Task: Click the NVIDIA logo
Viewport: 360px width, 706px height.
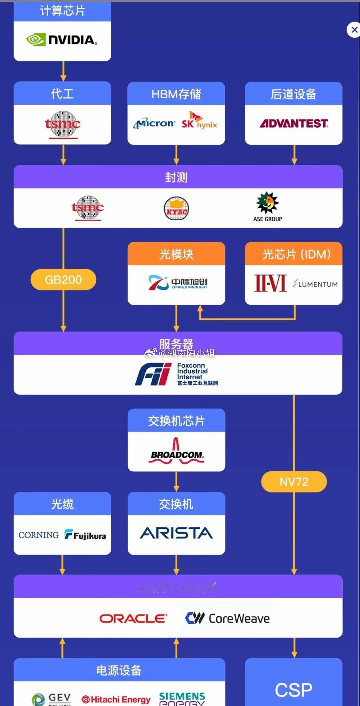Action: click(x=62, y=40)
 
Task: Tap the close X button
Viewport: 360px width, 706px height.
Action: click(x=354, y=30)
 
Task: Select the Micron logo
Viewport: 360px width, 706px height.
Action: click(x=154, y=124)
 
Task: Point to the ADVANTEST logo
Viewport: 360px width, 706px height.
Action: click(x=294, y=124)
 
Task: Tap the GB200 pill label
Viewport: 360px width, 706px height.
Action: click(x=63, y=279)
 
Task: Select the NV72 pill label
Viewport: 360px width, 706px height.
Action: click(x=294, y=482)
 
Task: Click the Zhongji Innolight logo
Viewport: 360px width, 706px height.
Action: click(x=177, y=283)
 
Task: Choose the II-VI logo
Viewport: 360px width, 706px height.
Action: click(x=270, y=283)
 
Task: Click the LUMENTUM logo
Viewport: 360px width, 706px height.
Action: click(x=315, y=284)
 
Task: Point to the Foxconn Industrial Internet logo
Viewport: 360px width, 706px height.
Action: click(x=176, y=374)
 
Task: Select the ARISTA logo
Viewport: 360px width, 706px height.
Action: click(x=176, y=533)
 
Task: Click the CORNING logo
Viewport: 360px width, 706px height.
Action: click(x=39, y=535)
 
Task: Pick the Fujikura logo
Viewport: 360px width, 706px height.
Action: click(x=85, y=535)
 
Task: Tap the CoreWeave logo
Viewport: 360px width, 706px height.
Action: click(x=227, y=619)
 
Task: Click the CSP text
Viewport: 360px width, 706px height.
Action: click(x=294, y=689)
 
